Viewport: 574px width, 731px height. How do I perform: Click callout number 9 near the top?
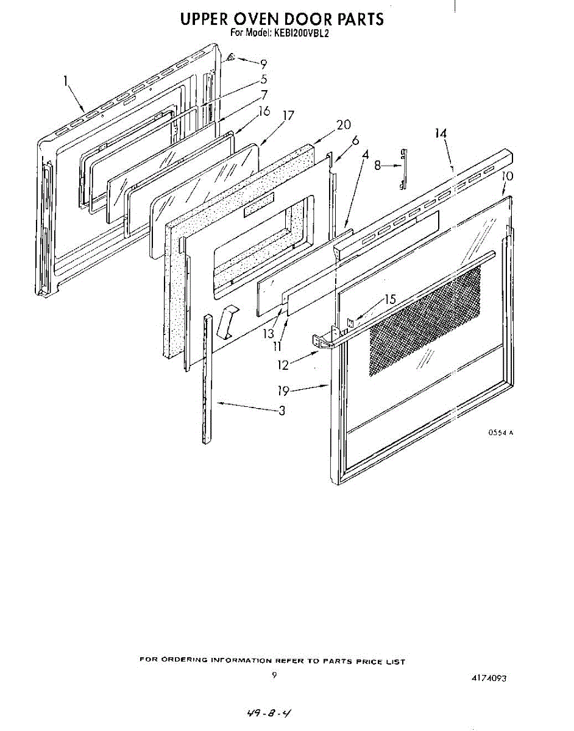[x=263, y=63]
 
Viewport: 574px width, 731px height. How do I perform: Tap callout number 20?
[x=344, y=125]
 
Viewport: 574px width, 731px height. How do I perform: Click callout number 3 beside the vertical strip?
[x=282, y=411]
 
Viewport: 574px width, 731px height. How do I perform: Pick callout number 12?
[x=283, y=365]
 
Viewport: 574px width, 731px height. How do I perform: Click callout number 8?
[x=378, y=164]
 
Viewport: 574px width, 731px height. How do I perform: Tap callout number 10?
[x=508, y=176]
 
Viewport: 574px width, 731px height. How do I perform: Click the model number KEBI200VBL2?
[x=300, y=34]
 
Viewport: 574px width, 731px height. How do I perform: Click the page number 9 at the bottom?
[x=275, y=675]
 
